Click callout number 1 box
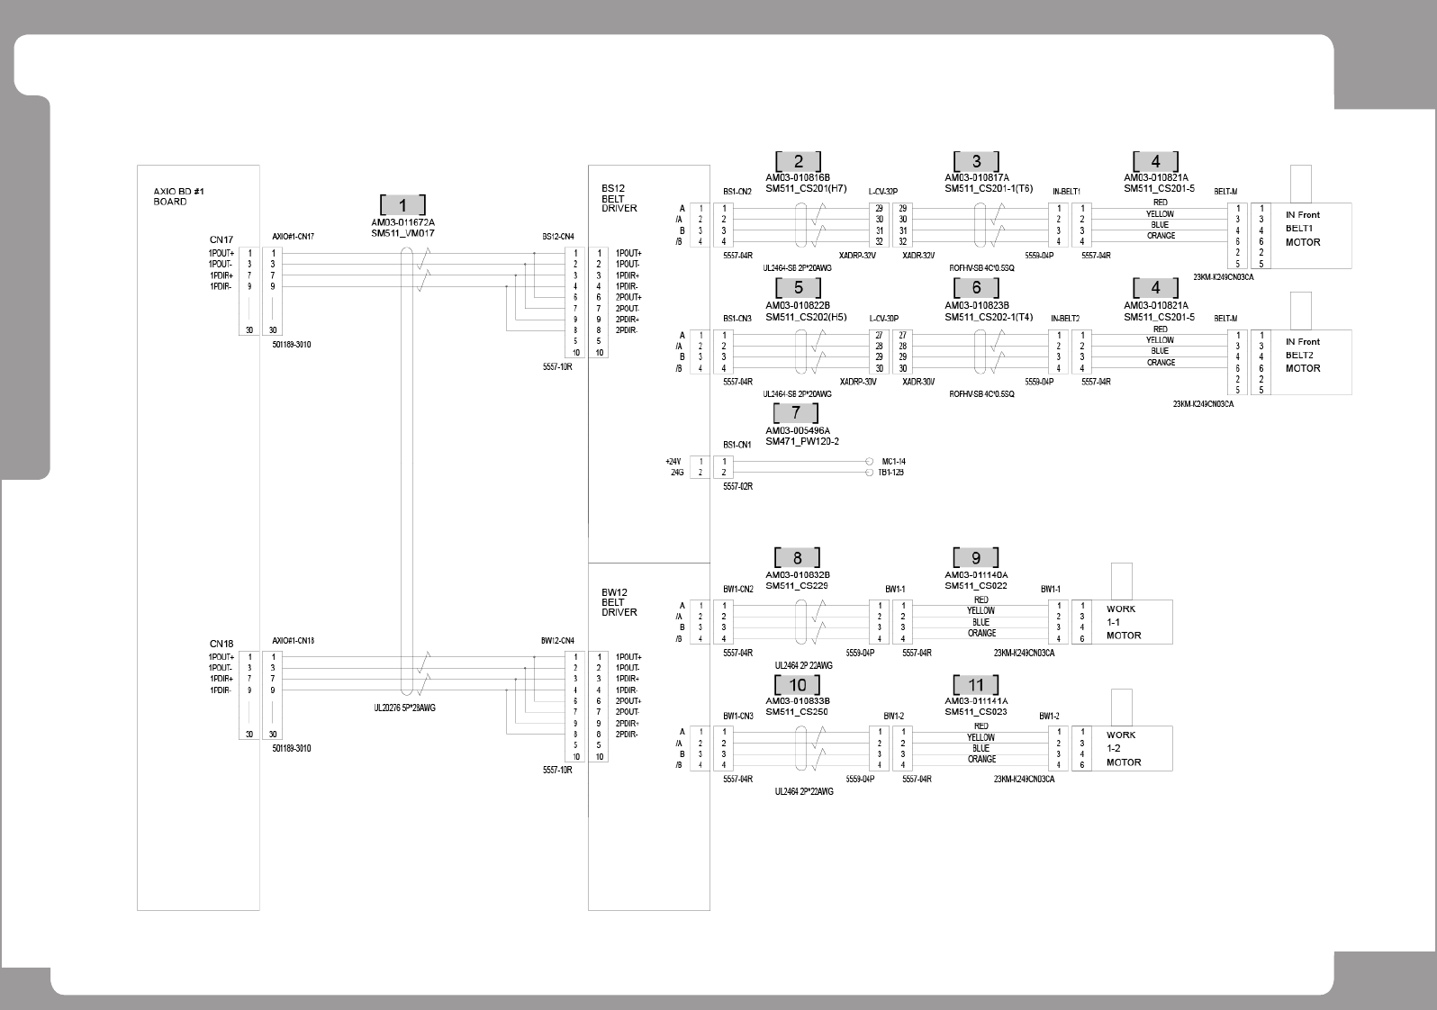click(x=402, y=205)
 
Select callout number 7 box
click(x=796, y=413)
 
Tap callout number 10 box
click(x=797, y=685)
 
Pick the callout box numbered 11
click(x=976, y=685)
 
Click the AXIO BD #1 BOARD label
click(x=172, y=196)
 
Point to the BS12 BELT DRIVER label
click(x=619, y=198)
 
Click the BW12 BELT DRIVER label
click(x=619, y=602)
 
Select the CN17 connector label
click(x=221, y=239)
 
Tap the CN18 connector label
click(x=221, y=644)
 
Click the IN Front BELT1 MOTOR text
click(x=1303, y=229)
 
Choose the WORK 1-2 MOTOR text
click(x=1123, y=748)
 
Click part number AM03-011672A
click(x=402, y=222)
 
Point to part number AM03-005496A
click(x=797, y=430)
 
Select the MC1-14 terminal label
click(x=893, y=461)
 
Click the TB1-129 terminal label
click(x=891, y=472)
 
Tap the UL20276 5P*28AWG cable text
click(x=404, y=708)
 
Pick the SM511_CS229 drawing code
click(x=796, y=586)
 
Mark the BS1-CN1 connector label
click(x=737, y=445)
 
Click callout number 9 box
click(x=976, y=558)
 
